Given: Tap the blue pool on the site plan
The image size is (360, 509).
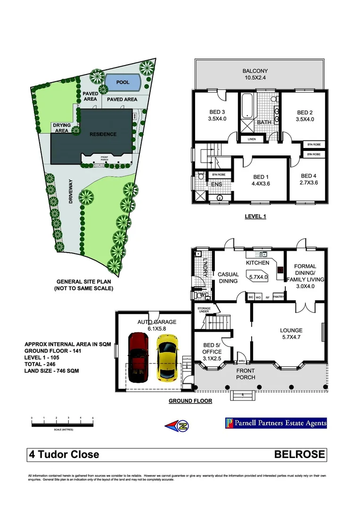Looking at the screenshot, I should pos(123,83).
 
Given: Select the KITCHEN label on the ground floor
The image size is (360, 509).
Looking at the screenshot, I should pos(257,263).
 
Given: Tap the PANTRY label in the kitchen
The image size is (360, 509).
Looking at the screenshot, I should pos(278,297).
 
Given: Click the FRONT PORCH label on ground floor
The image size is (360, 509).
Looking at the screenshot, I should pos(245,374).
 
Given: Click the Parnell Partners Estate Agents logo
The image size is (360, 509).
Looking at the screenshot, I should pos(276,423).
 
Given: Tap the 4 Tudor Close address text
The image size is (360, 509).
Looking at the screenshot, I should pos(64,454).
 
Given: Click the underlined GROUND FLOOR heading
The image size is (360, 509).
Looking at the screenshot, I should pos(190,401).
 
